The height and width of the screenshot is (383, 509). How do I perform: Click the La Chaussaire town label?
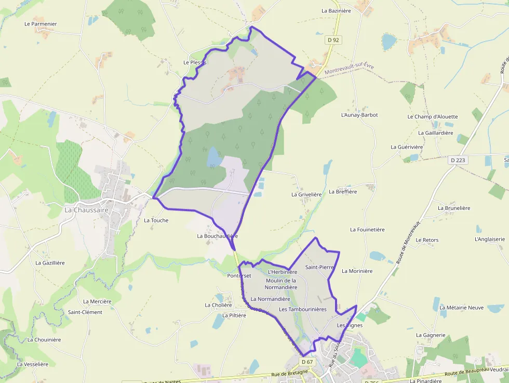tap(86, 210)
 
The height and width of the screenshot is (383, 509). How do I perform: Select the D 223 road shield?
tap(458, 160)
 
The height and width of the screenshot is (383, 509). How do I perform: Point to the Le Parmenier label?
tap(41, 24)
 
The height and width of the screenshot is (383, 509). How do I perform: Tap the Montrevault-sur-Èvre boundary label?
tap(349, 69)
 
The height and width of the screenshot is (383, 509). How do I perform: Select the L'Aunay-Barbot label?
tap(359, 115)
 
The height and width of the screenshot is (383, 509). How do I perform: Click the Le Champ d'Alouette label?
tap(433, 116)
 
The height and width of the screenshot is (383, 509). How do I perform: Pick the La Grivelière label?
tap(306, 194)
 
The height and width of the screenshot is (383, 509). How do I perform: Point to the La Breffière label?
tap(343, 192)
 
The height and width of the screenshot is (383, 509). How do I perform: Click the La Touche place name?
tap(156, 220)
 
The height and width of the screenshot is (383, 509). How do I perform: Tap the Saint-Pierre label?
tap(319, 267)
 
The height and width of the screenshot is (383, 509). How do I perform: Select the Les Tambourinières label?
tap(302, 309)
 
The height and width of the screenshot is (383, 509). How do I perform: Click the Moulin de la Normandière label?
tap(281, 284)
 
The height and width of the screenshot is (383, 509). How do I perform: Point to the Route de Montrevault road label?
tap(408, 241)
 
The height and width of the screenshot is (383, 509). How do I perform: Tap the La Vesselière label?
tap(33, 364)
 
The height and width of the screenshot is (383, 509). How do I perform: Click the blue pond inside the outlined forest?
tap(213, 156)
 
